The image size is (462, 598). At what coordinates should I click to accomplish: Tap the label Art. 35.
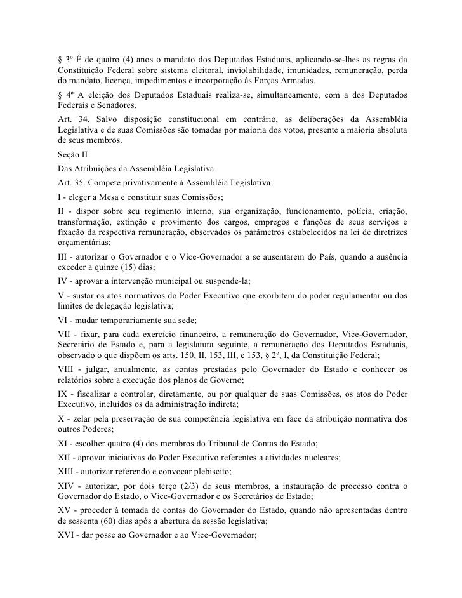point(70,182)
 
